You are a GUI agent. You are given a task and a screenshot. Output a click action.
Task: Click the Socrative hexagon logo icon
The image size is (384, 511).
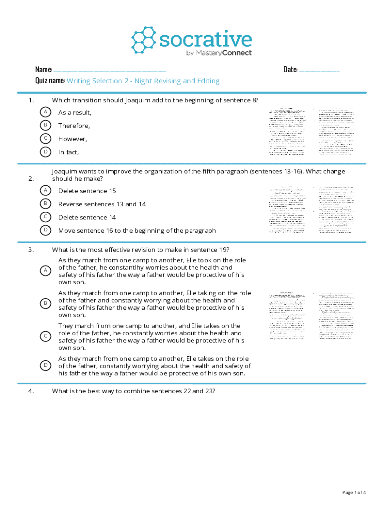(x=144, y=40)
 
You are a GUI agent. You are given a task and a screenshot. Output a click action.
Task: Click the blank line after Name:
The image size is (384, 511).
(x=109, y=70)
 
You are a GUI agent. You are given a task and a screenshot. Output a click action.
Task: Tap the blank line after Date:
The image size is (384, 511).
(x=319, y=70)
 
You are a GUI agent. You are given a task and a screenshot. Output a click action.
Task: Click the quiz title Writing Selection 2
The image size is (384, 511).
(x=143, y=81)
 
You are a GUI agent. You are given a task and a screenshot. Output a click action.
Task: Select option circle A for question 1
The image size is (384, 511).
(x=45, y=112)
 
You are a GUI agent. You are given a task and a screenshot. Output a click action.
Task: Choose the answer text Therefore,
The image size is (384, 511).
(x=74, y=126)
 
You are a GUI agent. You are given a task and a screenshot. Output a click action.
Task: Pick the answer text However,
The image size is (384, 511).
(x=73, y=139)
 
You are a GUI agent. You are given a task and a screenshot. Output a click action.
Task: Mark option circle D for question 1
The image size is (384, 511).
(x=45, y=152)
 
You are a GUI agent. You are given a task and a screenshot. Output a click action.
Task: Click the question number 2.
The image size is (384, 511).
(x=31, y=178)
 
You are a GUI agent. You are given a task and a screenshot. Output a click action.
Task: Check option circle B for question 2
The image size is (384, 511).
(x=45, y=204)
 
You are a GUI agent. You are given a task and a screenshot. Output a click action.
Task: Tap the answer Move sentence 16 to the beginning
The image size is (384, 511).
(x=137, y=230)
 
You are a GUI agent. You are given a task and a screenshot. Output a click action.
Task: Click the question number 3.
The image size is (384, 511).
(x=31, y=250)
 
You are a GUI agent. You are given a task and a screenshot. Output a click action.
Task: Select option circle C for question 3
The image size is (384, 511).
(x=45, y=336)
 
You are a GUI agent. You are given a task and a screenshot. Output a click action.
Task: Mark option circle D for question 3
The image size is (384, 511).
(x=45, y=366)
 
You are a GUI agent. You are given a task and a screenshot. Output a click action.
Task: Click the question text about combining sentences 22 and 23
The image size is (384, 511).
(x=134, y=391)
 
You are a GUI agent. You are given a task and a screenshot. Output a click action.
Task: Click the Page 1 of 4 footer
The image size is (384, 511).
(x=354, y=492)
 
